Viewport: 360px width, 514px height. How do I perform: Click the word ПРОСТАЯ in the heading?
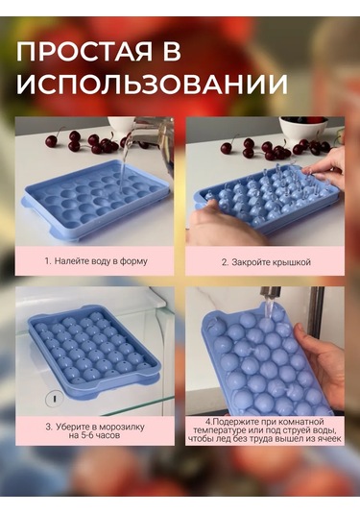[x=84, y=52]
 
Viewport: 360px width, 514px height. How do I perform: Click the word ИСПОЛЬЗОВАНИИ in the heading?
[x=153, y=85]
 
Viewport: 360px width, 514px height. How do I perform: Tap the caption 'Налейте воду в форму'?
[x=101, y=261]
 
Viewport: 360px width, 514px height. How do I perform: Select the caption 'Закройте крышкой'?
[x=271, y=262]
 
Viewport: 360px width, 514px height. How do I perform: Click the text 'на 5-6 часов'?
[x=94, y=435]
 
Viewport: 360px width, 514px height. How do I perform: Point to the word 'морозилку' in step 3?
[x=122, y=428]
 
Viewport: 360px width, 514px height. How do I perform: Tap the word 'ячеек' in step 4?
[x=328, y=439]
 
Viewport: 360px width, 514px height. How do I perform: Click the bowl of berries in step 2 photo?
[x=303, y=128]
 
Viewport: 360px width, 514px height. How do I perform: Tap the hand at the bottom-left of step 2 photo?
[x=223, y=226]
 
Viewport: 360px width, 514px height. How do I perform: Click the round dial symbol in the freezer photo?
[x=55, y=399]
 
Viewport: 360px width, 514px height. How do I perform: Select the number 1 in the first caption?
[x=47, y=261]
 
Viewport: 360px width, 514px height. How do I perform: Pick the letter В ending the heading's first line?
[x=172, y=52]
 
